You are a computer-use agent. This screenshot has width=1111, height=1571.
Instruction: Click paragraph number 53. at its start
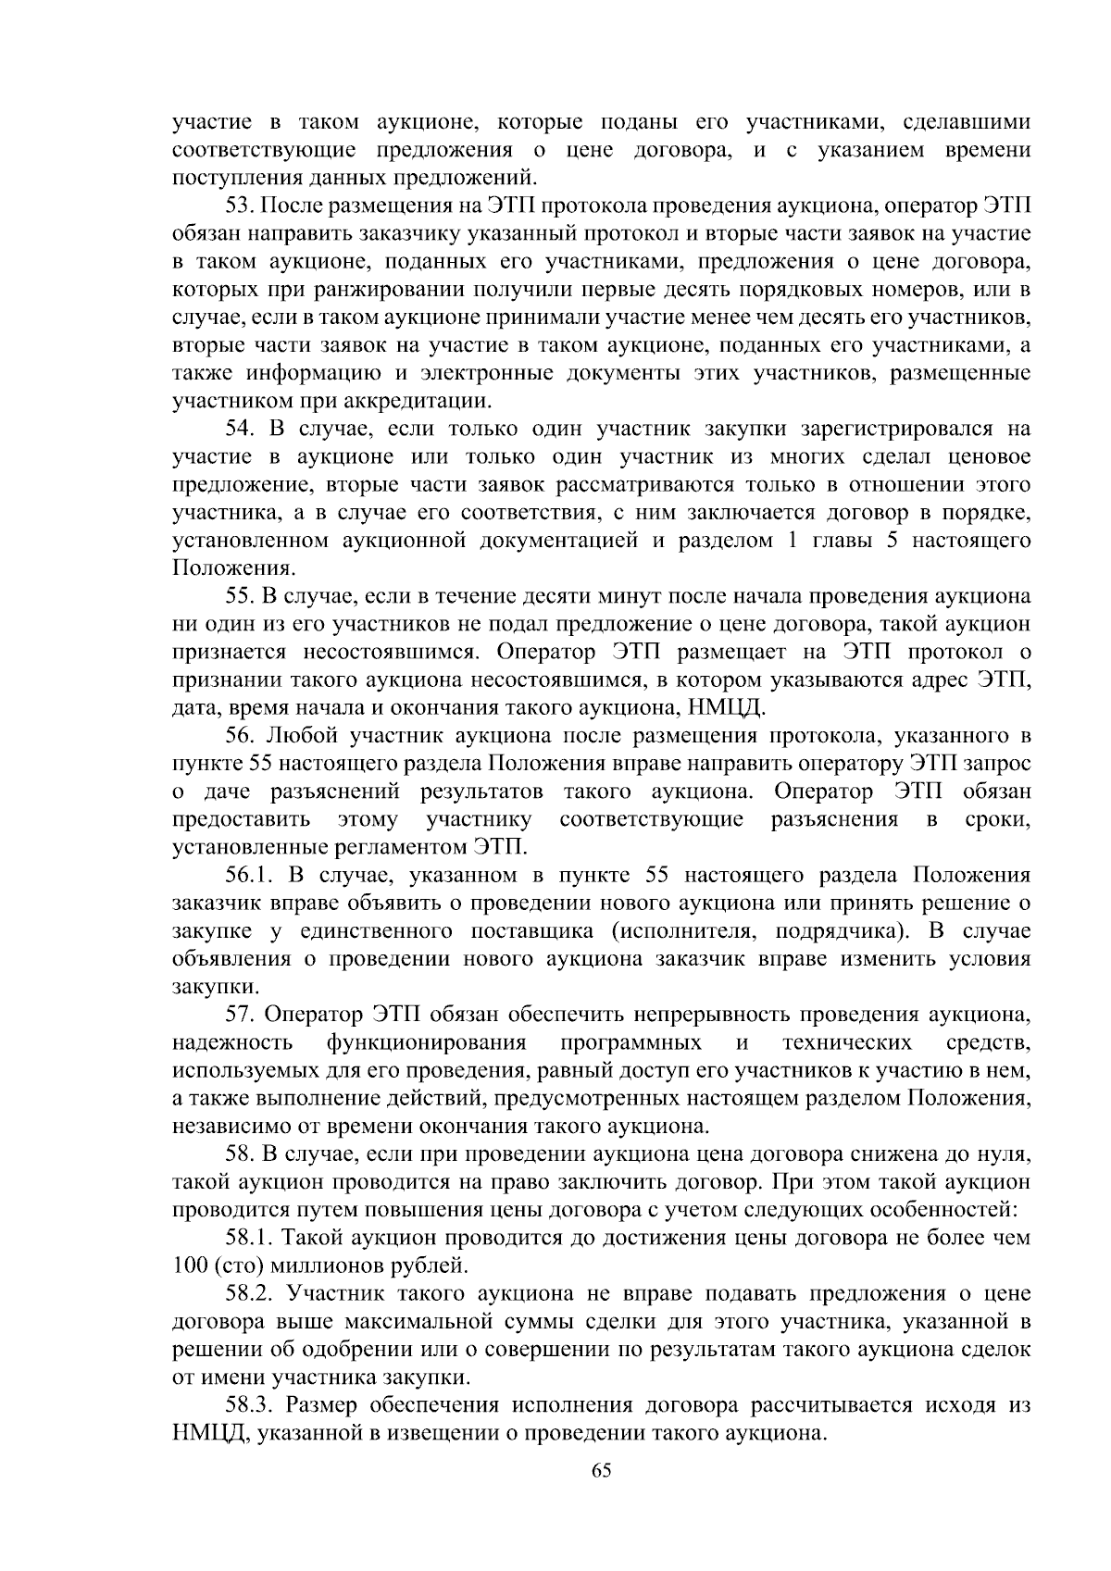click(x=243, y=206)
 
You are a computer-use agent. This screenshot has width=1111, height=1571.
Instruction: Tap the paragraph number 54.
click(x=243, y=429)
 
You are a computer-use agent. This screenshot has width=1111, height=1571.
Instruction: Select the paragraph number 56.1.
click(x=252, y=875)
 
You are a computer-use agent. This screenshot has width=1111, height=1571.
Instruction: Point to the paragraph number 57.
click(x=243, y=1015)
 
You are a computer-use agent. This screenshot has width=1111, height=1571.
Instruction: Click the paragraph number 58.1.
click(x=251, y=1238)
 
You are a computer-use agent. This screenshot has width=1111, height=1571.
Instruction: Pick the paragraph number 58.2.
click(x=251, y=1293)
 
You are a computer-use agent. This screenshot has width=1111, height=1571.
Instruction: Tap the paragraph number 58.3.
click(x=251, y=1405)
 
